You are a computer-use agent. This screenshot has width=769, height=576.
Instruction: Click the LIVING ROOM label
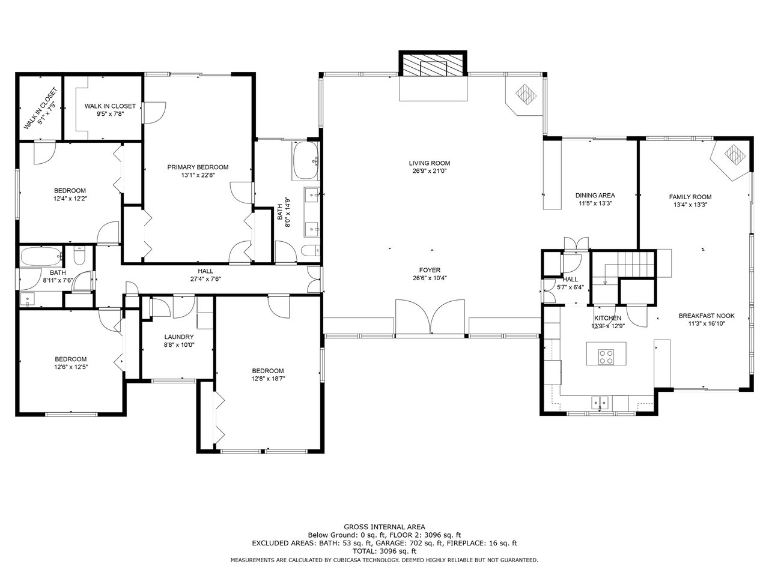point(429,163)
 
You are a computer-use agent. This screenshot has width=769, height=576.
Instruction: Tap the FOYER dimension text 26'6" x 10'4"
point(430,278)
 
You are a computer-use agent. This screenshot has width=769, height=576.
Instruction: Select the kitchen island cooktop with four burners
point(606,357)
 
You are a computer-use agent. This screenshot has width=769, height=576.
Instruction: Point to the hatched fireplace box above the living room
point(433,64)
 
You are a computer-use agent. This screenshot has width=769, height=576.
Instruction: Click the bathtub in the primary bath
point(306,161)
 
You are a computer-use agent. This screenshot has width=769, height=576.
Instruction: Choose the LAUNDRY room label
point(179,337)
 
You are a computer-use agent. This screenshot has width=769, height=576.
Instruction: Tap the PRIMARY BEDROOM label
point(198,167)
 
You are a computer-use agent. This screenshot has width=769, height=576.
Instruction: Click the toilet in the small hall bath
point(79,256)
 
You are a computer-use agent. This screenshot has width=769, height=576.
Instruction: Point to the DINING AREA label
point(595,196)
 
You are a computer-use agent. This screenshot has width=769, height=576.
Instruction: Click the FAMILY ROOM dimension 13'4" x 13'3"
point(690,205)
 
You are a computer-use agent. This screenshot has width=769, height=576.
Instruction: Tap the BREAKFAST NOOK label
point(706,316)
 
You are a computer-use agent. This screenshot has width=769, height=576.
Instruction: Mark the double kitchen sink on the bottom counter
point(601,403)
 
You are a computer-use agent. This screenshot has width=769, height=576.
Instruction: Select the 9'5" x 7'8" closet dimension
point(111,114)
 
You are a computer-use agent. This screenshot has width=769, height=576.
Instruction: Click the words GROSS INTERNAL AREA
point(384,527)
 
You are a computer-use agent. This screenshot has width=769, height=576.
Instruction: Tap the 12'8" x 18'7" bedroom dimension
point(268,379)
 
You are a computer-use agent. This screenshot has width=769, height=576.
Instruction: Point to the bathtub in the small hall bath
point(41,257)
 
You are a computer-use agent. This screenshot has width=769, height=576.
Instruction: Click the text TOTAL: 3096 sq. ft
point(384,551)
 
